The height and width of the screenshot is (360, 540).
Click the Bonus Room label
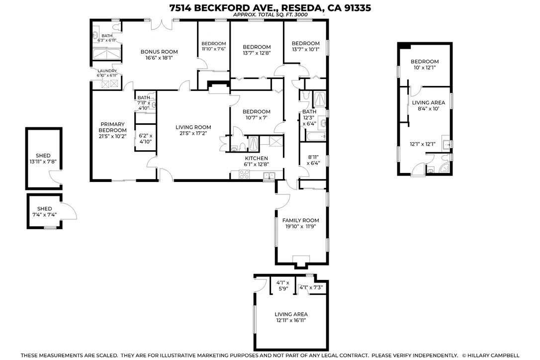pyautogui.click(x=159, y=52)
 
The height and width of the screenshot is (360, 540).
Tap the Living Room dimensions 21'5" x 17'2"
pyautogui.click(x=193, y=133)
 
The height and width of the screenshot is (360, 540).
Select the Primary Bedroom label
pyautogui.click(x=112, y=127)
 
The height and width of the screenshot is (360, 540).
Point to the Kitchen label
pyautogui.click(x=256, y=158)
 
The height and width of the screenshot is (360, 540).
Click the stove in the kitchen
pyautogui.click(x=244, y=175)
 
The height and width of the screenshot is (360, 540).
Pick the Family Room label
pyautogui.click(x=301, y=220)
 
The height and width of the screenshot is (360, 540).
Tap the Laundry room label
pyautogui.click(x=107, y=71)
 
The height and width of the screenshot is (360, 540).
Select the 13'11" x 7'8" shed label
pyautogui.click(x=43, y=159)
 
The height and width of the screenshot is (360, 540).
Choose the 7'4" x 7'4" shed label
pyautogui.click(x=44, y=211)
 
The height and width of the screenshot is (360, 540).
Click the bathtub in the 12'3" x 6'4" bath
pyautogui.click(x=316, y=137)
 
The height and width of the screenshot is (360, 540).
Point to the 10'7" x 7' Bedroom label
pyautogui.click(x=257, y=114)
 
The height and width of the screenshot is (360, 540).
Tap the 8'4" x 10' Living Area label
pyautogui.click(x=429, y=105)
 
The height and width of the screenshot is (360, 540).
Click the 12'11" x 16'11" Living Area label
pyautogui.click(x=291, y=317)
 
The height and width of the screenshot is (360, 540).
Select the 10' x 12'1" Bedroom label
pyautogui.click(x=425, y=65)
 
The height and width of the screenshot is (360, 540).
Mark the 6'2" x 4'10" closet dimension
pyautogui.click(x=145, y=139)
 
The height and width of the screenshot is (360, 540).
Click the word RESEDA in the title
pyautogui.click(x=302, y=7)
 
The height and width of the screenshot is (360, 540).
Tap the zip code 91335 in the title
pyautogui.click(x=357, y=7)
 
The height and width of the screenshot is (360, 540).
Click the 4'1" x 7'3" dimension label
pyautogui.click(x=311, y=287)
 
